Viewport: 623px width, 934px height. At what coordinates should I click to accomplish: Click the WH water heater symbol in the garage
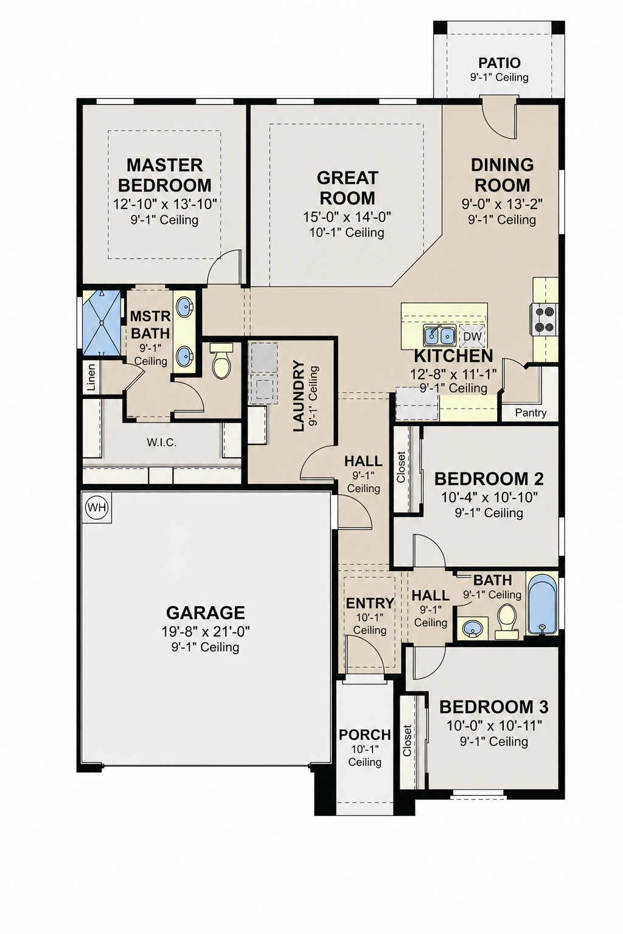pos(96,508)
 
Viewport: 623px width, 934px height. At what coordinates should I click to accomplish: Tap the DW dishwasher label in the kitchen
pos(473,336)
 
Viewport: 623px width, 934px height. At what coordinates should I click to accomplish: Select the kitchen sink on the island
pos(439,334)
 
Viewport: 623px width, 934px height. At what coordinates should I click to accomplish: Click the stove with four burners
pos(544,319)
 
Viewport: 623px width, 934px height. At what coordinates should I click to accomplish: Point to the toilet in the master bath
pos(221,360)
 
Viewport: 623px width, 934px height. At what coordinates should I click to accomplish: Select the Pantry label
pos(531,413)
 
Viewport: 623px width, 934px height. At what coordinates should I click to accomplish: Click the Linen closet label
pos(91,377)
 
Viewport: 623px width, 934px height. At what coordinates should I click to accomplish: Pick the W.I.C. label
pos(161,443)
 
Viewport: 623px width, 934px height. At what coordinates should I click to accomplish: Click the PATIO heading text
pos(499,63)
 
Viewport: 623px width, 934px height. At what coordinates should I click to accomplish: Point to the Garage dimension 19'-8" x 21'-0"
pos(205,632)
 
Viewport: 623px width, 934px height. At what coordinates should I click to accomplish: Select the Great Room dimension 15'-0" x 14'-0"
pos(347,217)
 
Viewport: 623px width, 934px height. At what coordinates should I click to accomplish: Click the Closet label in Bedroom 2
pos(401,468)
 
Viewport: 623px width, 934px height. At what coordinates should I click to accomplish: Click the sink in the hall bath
pos(472,627)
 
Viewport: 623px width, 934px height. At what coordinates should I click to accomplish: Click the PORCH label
pos(364,735)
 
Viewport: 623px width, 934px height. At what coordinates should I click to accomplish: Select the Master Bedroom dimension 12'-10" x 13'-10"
pos(165,204)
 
